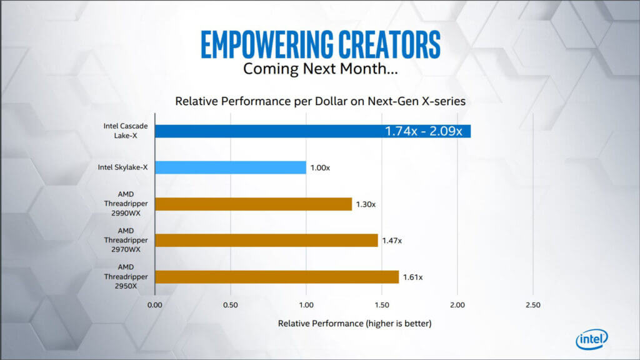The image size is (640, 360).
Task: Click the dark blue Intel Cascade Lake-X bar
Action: click(x=269, y=131)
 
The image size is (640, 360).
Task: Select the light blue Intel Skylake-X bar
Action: click(x=230, y=167)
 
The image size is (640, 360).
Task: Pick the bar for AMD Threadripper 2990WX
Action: click(x=253, y=204)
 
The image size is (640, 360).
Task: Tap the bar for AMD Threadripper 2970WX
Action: click(x=266, y=240)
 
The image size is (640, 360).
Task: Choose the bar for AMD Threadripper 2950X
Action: click(x=276, y=277)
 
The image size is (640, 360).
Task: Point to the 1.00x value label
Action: click(x=321, y=167)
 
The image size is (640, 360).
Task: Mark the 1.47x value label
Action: click(x=392, y=240)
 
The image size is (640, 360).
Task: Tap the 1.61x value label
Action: click(x=412, y=277)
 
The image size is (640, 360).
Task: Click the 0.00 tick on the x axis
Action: click(x=154, y=305)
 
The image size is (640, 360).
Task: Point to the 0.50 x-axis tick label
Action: click(x=231, y=305)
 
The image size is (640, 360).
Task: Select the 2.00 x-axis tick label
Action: click(x=457, y=305)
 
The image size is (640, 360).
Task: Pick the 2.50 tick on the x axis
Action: click(x=533, y=305)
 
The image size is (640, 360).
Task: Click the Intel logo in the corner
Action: click(x=591, y=339)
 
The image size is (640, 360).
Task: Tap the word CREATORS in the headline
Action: click(x=376, y=44)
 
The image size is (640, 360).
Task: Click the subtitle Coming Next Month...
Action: click(x=319, y=69)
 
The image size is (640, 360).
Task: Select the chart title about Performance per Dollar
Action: click(x=320, y=101)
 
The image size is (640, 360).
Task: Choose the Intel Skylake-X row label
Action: click(x=122, y=167)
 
